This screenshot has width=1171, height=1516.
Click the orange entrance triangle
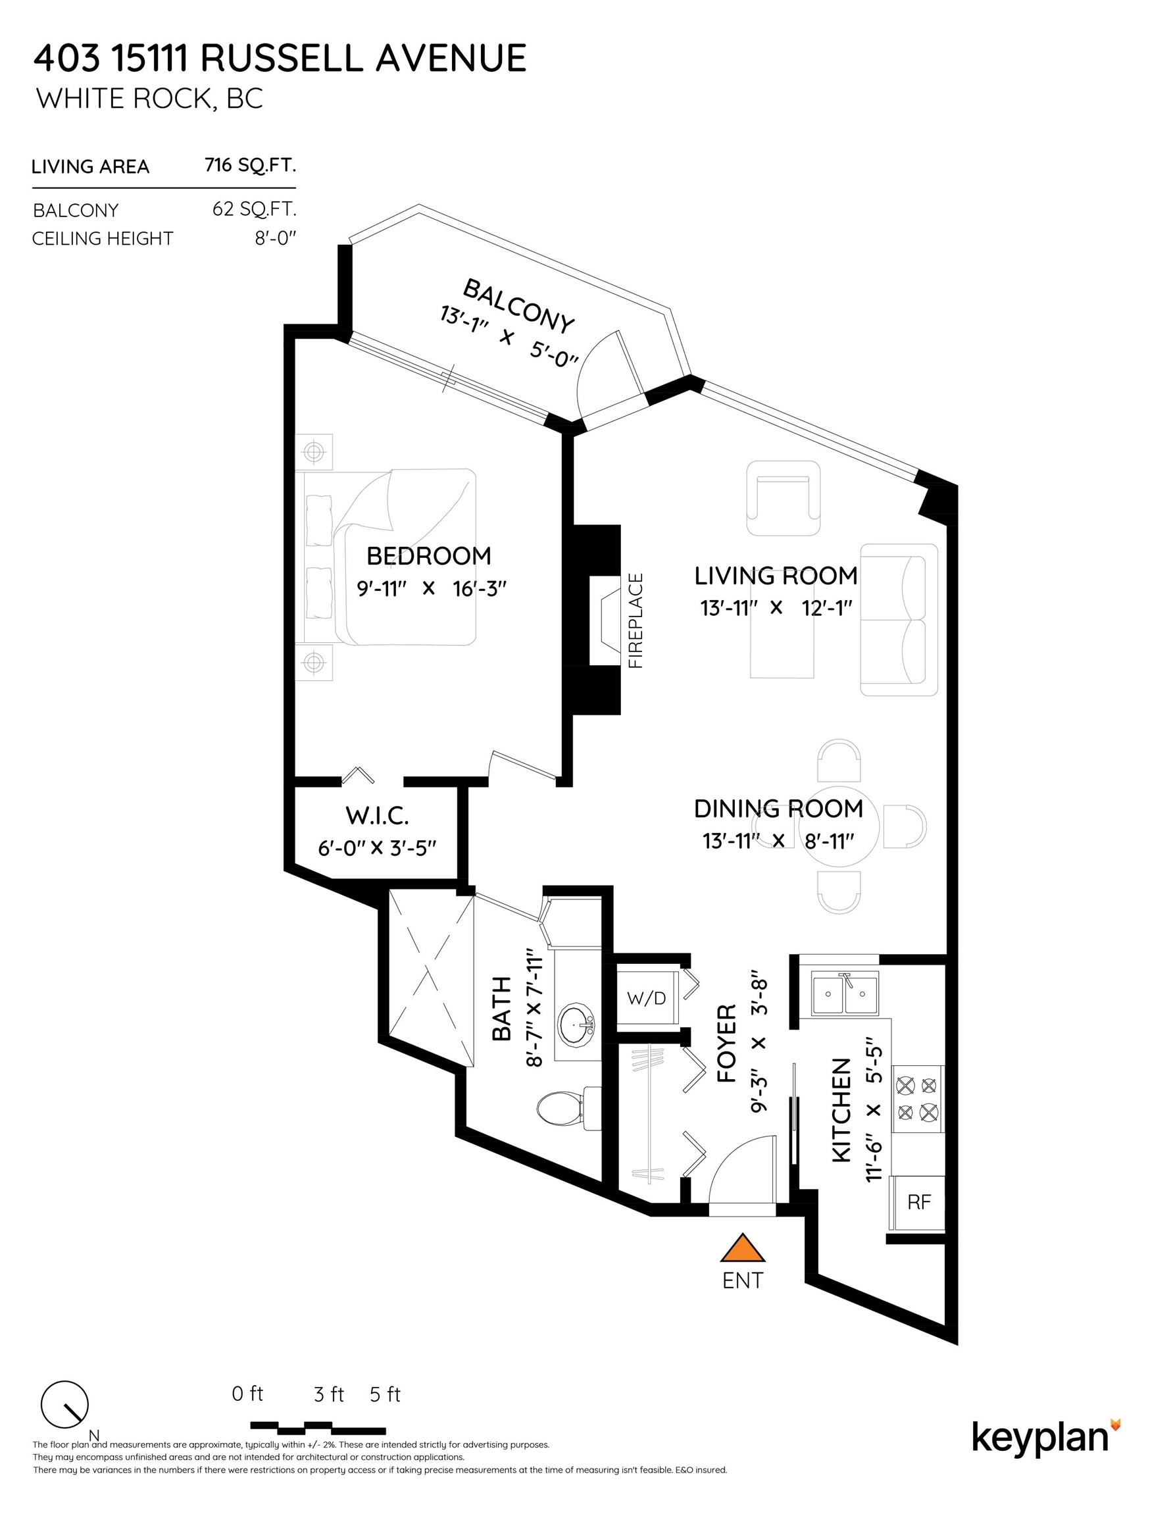[742, 1248]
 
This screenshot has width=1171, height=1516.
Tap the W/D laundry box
[646, 998]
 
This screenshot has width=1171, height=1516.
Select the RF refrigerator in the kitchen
[918, 1203]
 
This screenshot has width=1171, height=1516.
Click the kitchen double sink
[845, 994]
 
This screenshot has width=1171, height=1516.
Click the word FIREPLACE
[635, 620]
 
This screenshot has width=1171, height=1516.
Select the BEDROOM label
[428, 555]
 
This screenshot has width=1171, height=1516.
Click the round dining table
[839, 826]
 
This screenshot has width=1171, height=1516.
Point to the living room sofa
[899, 620]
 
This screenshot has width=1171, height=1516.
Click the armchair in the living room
[783, 498]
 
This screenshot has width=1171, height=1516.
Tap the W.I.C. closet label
[377, 815]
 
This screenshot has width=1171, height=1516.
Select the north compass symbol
[65, 1404]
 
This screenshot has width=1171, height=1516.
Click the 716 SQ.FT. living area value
[251, 165]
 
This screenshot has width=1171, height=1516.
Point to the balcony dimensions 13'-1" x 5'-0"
[509, 337]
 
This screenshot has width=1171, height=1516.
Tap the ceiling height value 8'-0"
[276, 238]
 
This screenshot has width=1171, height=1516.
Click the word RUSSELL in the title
[281, 58]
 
